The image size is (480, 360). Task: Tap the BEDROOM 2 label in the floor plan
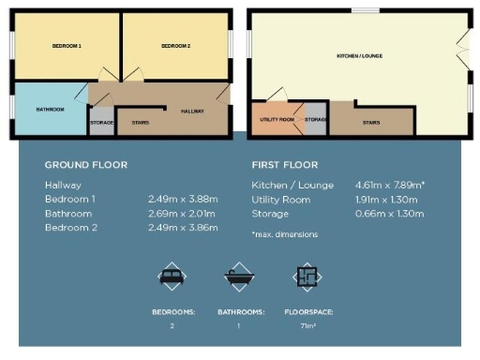pyautogui.click(x=175, y=46)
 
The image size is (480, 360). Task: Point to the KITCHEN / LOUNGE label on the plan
pyautogui.click(x=359, y=56)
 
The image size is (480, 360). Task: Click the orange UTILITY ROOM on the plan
pyautogui.click(x=277, y=120)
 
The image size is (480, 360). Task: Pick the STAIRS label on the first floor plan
pyautogui.click(x=370, y=122)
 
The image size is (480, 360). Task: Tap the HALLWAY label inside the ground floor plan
pyautogui.click(x=192, y=110)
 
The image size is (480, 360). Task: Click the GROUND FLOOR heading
pyautogui.click(x=85, y=164)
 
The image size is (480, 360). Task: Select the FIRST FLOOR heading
pyautogui.click(x=284, y=164)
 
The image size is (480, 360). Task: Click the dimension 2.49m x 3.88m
pyautogui.click(x=183, y=200)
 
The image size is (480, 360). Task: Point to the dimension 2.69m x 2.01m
pyautogui.click(x=182, y=214)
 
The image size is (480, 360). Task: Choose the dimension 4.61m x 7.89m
pyautogui.click(x=389, y=186)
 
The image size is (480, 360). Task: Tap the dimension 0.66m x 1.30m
pyautogui.click(x=388, y=214)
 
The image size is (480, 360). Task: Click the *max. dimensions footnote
pyautogui.click(x=284, y=233)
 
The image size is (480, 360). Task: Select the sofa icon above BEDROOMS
pyautogui.click(x=172, y=277)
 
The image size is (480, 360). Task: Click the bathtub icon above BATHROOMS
pyautogui.click(x=238, y=277)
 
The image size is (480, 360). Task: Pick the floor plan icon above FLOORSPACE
pyautogui.click(x=305, y=277)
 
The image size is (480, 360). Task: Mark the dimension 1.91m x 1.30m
pyautogui.click(x=388, y=200)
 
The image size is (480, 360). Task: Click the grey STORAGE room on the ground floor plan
pyautogui.click(x=101, y=120)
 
